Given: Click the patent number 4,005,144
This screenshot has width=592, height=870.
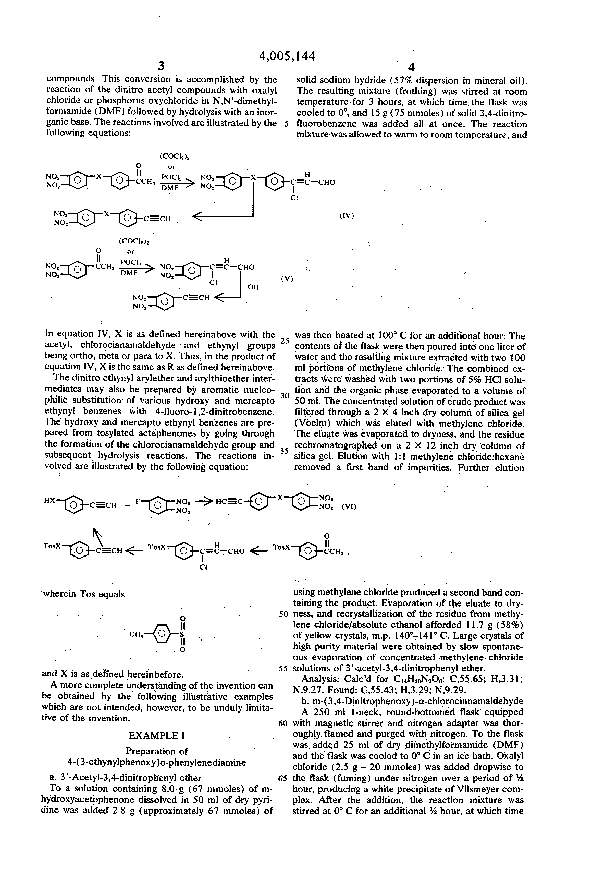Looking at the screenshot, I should click(x=287, y=55).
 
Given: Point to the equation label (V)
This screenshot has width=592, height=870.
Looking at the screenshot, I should click(x=286, y=279).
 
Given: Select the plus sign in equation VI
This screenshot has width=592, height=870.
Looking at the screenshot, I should click(x=128, y=506).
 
